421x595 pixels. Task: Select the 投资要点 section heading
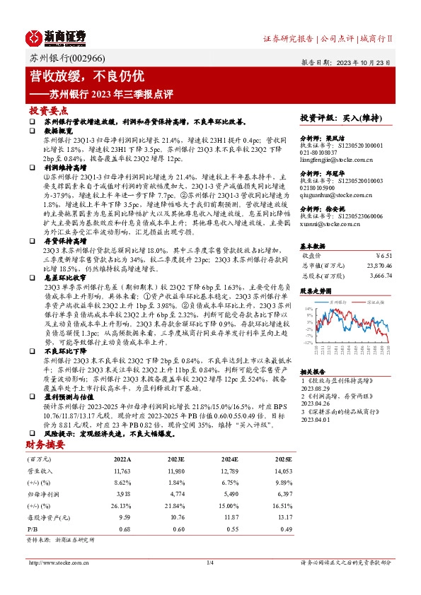[49, 112]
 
